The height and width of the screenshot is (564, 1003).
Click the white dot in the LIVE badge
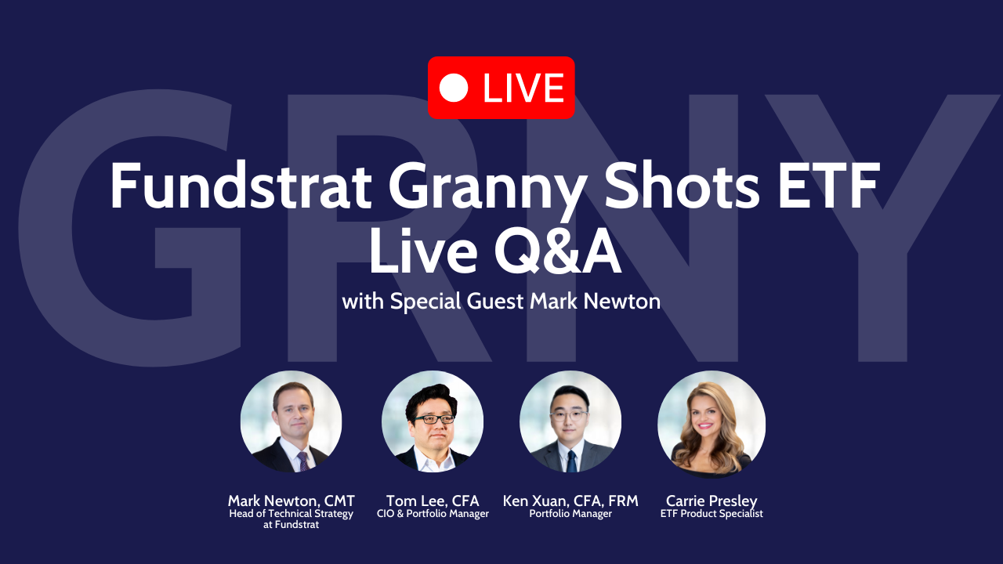coord(454,88)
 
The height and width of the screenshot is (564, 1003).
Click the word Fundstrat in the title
coord(241,186)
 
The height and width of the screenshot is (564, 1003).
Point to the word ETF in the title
coord(829,186)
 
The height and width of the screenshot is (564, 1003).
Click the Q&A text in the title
coord(558,251)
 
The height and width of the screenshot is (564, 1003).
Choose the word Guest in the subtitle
coord(495,301)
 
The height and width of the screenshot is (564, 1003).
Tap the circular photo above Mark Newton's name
coord(291,421)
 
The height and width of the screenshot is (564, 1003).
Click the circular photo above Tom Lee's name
coord(433,421)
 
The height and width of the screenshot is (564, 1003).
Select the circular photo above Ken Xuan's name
coord(570,421)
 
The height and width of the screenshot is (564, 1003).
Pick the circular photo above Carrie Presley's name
coord(712,424)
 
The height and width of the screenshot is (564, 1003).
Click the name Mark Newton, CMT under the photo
coord(291,501)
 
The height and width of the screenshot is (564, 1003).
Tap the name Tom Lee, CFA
coord(433,501)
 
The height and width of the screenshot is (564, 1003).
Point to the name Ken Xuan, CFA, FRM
coord(570,501)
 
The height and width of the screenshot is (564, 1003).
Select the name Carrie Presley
coord(712,501)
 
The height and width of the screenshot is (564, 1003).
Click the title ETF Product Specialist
coord(712,514)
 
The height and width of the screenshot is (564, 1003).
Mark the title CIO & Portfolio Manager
coord(433,514)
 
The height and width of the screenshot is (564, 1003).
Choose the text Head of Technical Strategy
coord(291,514)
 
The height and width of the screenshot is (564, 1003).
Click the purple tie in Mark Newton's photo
coord(303,461)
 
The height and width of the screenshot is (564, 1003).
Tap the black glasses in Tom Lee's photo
coord(434,419)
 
